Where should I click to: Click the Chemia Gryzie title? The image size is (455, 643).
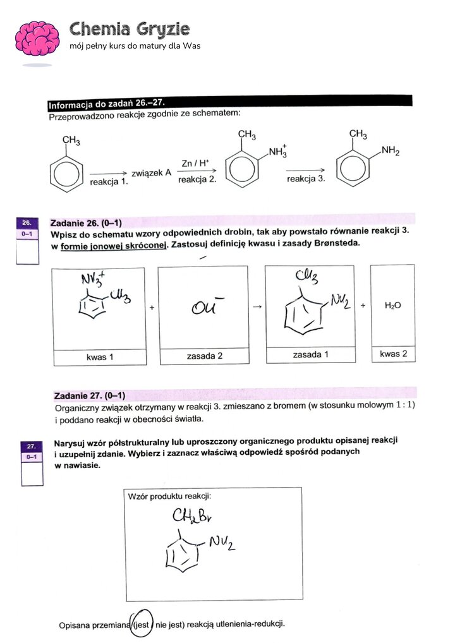(129, 29)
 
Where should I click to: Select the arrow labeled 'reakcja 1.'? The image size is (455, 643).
(109, 172)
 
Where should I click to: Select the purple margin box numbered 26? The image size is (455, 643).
(27, 223)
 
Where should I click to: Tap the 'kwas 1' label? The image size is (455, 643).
(100, 358)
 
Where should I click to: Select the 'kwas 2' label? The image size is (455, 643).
(392, 354)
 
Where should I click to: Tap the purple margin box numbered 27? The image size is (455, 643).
(31, 446)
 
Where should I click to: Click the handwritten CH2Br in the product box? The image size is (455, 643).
(192, 517)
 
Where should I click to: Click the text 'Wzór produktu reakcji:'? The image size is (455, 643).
(164, 496)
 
